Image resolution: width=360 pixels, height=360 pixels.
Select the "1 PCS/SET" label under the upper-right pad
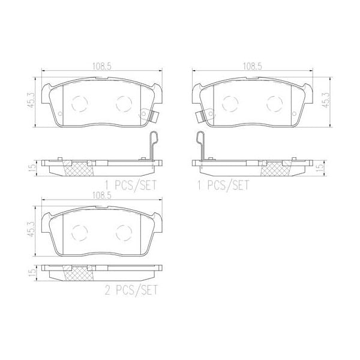click(223, 185)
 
